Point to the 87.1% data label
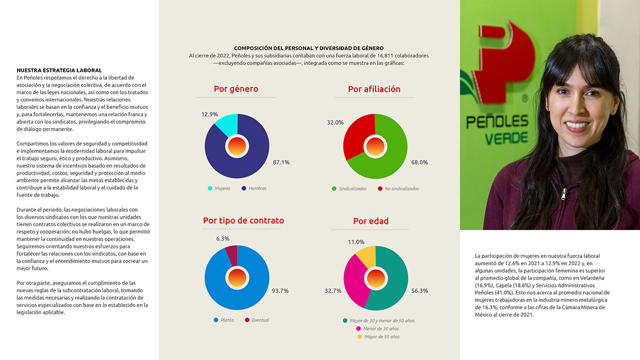pyautogui.click(x=281, y=162)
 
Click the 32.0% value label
pyautogui.click(x=335, y=123)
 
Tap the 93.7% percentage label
pyautogui.click(x=280, y=291)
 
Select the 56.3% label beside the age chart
pyautogui.click(x=419, y=291)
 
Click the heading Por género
pyautogui.click(x=236, y=89)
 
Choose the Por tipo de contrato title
pyautogui.click(x=243, y=221)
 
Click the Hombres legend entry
pyautogui.click(x=254, y=188)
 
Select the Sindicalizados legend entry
pyautogui.click(x=349, y=189)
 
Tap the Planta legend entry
pyautogui.click(x=223, y=320)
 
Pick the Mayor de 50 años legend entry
pyautogui.click(x=379, y=337)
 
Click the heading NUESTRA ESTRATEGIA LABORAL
pyautogui.click(x=59, y=70)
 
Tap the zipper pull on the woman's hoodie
pyautogui.click(x=563, y=194)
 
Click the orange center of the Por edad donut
pyautogui.click(x=375, y=278)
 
